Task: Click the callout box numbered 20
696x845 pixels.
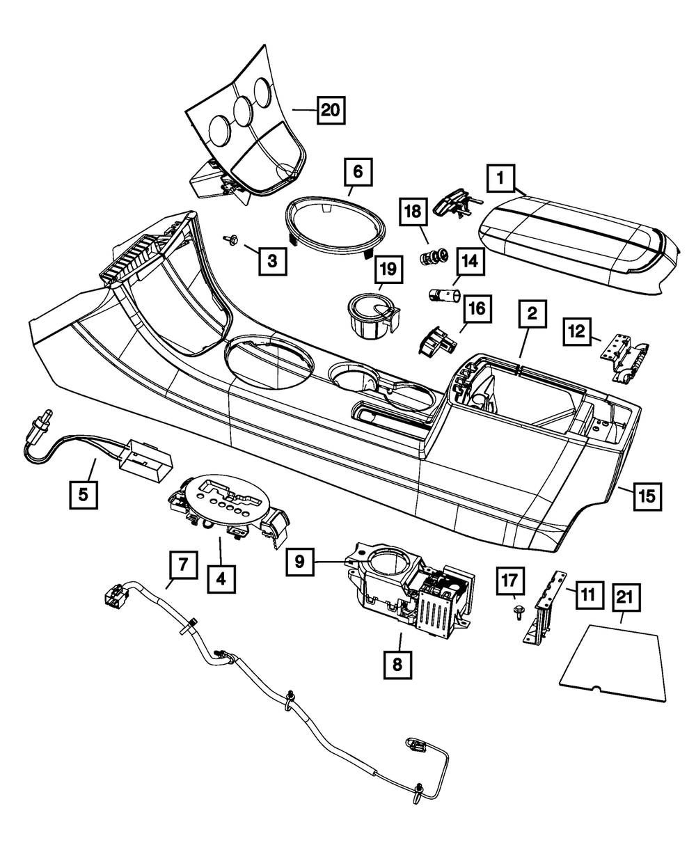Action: point(331,110)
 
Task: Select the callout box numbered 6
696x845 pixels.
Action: point(357,171)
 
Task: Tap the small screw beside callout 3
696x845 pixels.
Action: point(229,240)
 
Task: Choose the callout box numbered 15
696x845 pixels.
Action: point(647,496)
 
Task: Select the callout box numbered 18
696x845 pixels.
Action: point(414,212)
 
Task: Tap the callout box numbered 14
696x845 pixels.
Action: point(469,262)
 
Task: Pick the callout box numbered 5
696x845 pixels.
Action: point(83,495)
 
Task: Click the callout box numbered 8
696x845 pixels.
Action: point(397,663)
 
